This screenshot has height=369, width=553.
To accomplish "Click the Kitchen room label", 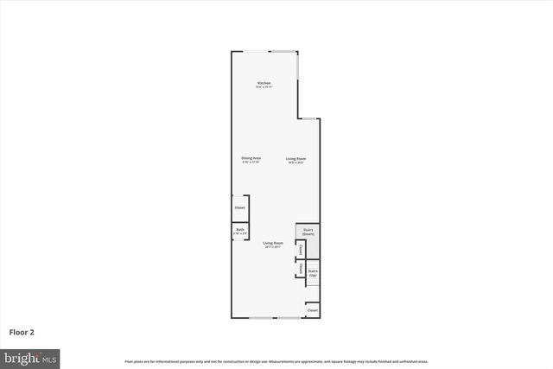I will (x=264, y=83).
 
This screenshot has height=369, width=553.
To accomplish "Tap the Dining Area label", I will (x=251, y=158).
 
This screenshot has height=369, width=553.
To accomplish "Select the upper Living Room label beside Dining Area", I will (x=296, y=158).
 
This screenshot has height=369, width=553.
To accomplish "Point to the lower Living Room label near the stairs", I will (x=273, y=243).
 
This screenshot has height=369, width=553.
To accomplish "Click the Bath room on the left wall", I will (x=240, y=231).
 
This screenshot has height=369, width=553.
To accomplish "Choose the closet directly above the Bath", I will (x=240, y=207).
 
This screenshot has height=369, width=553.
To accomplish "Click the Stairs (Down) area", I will (x=308, y=232).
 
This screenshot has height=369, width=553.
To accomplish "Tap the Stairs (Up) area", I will (x=314, y=273).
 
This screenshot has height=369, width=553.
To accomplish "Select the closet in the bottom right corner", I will (x=313, y=309).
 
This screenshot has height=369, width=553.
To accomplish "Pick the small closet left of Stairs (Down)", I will (x=300, y=250).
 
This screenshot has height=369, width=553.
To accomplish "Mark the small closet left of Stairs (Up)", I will (x=300, y=268).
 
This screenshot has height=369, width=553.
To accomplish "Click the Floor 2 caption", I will (x=22, y=332).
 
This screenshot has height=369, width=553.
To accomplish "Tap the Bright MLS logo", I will (x=30, y=357).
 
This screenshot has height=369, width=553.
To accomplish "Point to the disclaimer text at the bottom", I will (x=276, y=361).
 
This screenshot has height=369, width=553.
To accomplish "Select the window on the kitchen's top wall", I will (x=256, y=52).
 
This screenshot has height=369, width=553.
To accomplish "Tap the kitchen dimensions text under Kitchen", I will (x=264, y=87).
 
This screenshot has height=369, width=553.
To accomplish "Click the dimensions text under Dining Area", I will (x=251, y=162).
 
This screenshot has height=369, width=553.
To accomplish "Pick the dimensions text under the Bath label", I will (x=240, y=234).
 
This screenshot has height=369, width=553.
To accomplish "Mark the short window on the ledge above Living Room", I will (x=309, y=118).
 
